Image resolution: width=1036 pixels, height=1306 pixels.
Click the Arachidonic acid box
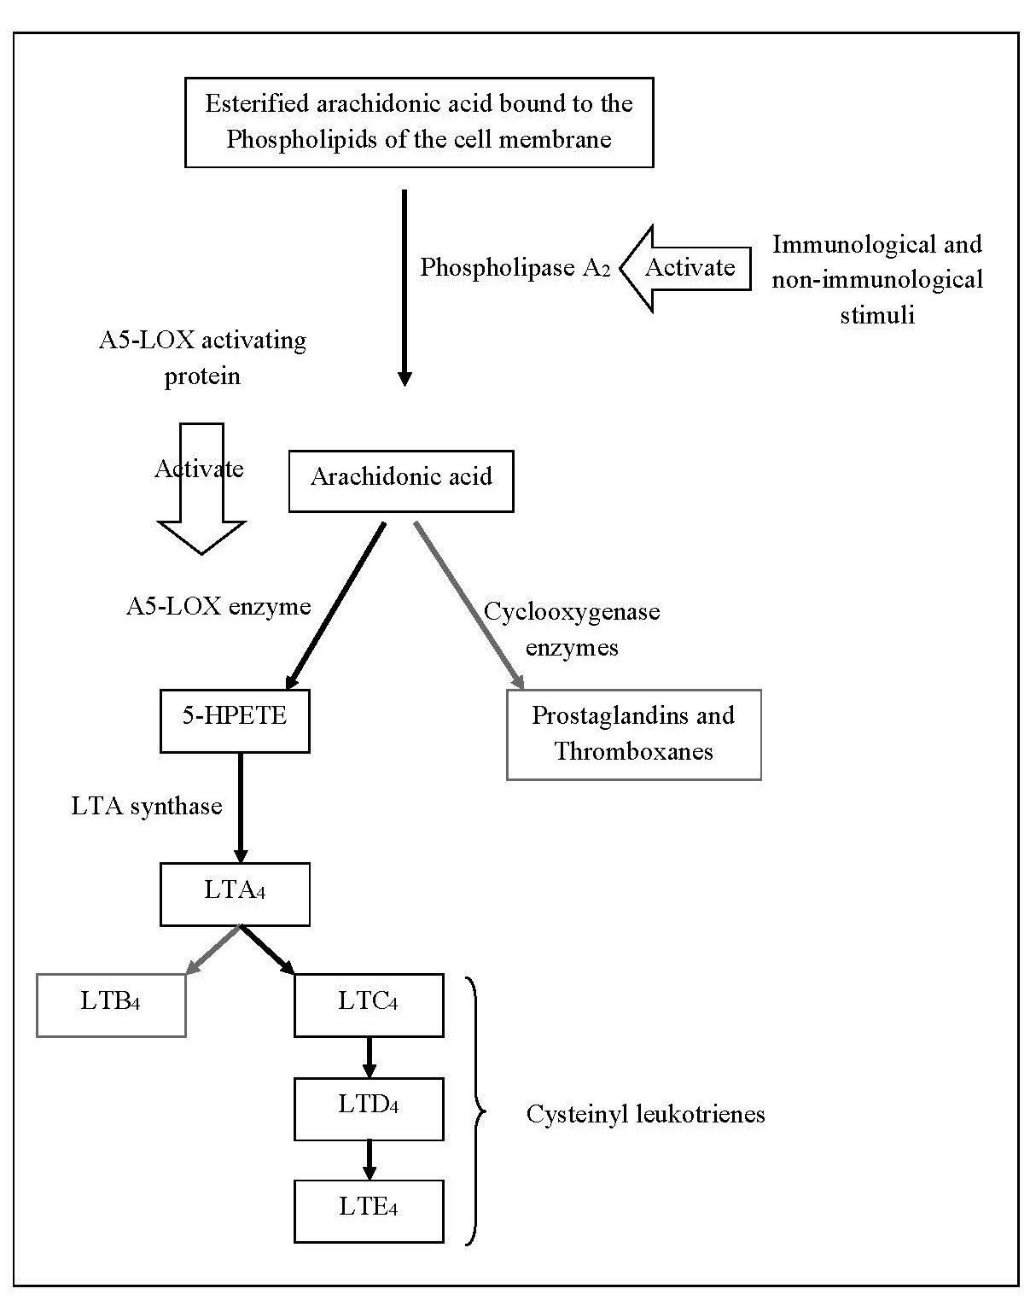tap(401, 481)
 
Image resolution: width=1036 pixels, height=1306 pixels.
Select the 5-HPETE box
tap(235, 720)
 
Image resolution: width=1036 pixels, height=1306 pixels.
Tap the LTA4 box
tap(235, 894)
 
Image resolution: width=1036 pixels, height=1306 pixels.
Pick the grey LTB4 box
tap(111, 1005)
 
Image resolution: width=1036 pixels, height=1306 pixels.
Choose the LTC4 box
tap(369, 1005)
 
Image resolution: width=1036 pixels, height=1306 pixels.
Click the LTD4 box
tap(369, 1108)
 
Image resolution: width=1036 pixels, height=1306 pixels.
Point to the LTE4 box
tap(369, 1210)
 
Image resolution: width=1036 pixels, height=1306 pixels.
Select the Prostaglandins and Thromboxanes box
tap(633, 734)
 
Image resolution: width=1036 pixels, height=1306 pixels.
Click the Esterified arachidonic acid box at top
tap(419, 122)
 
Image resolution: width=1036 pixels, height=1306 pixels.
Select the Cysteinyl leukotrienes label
tap(645, 1114)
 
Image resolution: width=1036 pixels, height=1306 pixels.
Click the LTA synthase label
tap(147, 807)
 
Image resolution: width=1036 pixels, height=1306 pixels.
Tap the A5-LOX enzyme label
tap(218, 607)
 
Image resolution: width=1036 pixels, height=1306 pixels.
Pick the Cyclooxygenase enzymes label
tap(572, 629)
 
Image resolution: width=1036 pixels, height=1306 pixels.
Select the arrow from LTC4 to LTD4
tap(369, 1057)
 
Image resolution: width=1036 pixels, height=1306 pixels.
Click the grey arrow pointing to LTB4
tap(212, 949)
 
